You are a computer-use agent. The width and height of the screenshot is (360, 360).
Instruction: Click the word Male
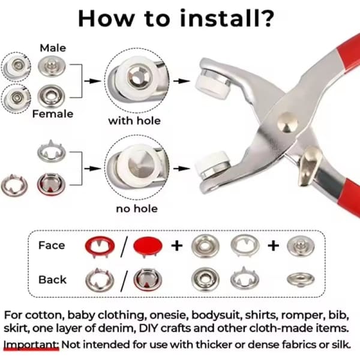pyautogui.click(x=53, y=48)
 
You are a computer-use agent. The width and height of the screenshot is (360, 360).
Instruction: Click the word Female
pyautogui.click(x=53, y=114)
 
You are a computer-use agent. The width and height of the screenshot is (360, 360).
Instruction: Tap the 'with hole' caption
pyautogui.click(x=134, y=121)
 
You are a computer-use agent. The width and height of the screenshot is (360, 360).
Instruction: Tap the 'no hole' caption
pyautogui.click(x=137, y=209)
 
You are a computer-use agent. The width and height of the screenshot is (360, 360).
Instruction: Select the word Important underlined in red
pyautogui.click(x=31, y=344)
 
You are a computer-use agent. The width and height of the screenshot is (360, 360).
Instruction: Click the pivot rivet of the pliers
pyautogui.click(x=287, y=122)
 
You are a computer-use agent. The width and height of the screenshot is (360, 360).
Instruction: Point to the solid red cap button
pyautogui.click(x=148, y=245)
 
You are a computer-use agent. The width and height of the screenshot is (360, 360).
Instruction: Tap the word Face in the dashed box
pyautogui.click(x=52, y=245)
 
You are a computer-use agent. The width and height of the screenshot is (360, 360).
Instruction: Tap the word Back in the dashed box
pyautogui.click(x=52, y=280)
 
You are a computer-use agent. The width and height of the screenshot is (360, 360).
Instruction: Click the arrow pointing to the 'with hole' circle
pyautogui.click(x=92, y=81)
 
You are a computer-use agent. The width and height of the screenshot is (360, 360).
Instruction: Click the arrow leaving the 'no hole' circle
pyautogui.click(x=181, y=169)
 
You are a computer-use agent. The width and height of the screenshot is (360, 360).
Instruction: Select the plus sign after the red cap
pyautogui.click(x=177, y=246)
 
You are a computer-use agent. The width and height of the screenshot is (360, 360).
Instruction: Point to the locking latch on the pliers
pyautogui.click(x=310, y=165)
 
